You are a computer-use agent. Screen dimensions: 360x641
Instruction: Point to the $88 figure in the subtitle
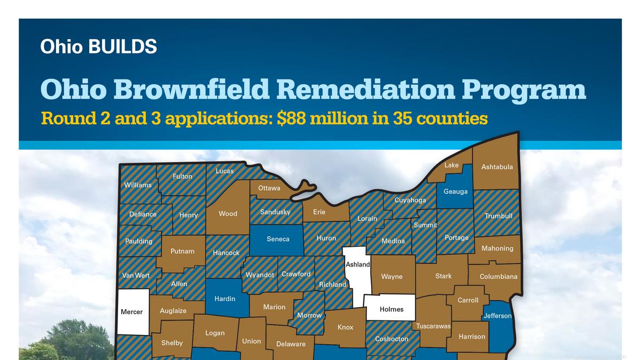[291, 118]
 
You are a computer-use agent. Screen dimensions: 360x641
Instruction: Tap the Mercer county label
[131, 311]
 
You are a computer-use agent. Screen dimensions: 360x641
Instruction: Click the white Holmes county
[392, 309]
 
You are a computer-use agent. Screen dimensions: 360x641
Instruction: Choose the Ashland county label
[358, 264]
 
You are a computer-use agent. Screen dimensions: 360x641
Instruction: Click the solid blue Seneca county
[278, 239]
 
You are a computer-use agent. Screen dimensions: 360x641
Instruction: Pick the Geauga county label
[456, 191]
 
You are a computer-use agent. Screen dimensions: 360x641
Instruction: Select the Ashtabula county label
[497, 167]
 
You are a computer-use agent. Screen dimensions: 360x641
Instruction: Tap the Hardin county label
[225, 299]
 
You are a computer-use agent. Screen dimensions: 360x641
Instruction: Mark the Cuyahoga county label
[410, 200]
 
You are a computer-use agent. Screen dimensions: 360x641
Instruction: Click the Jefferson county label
[497, 316]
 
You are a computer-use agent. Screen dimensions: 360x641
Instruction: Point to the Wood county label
[228, 214]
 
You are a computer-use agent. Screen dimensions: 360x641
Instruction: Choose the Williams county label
[138, 185]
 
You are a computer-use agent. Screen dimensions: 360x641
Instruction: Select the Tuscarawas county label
[433, 326]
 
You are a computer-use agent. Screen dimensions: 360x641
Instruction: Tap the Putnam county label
[182, 251]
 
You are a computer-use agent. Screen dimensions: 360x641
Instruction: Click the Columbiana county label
[498, 277]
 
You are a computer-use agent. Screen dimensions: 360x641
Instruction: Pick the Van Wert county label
[136, 276]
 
